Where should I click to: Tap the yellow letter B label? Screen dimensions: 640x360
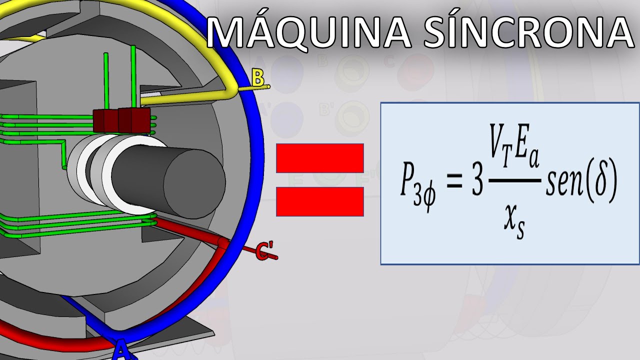(x=258, y=78)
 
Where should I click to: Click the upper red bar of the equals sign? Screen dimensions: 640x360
(x=319, y=158)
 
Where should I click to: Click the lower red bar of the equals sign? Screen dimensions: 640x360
(x=319, y=201)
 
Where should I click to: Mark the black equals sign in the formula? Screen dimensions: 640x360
(x=454, y=181)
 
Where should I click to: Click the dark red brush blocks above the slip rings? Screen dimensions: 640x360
(x=121, y=120)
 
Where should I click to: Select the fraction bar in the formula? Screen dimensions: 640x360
(x=515, y=180)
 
